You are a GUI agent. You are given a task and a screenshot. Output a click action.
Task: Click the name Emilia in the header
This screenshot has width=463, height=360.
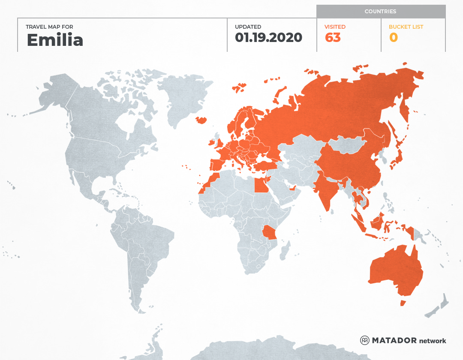[55, 40]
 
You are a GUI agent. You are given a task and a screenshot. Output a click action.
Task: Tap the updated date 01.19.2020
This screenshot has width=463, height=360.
[268, 38]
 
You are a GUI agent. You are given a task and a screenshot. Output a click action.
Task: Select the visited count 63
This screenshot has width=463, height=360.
[333, 38]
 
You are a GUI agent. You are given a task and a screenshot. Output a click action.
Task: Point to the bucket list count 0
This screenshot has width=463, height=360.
[393, 38]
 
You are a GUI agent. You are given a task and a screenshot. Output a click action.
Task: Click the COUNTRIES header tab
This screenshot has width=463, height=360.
[380, 12]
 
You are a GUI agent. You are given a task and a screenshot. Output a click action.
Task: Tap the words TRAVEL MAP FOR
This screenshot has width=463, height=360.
[49, 27]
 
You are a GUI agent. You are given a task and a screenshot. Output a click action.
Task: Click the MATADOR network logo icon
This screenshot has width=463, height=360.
[365, 340]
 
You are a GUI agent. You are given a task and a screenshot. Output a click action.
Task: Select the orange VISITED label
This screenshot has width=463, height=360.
[335, 27]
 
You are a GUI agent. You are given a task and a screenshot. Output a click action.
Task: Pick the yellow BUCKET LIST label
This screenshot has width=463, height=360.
[406, 27]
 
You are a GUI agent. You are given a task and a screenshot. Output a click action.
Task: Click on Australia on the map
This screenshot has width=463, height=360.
[394, 270]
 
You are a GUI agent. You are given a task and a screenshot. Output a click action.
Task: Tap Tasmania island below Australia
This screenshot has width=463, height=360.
[403, 303]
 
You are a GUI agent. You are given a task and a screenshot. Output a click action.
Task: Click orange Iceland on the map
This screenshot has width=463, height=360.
[201, 120]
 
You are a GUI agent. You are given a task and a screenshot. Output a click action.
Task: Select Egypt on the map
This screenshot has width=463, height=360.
[260, 186]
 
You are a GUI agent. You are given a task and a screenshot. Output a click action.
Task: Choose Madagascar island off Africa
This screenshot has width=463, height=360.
[284, 251]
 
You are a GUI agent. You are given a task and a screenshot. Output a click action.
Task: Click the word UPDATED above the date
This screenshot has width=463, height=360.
[248, 27]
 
